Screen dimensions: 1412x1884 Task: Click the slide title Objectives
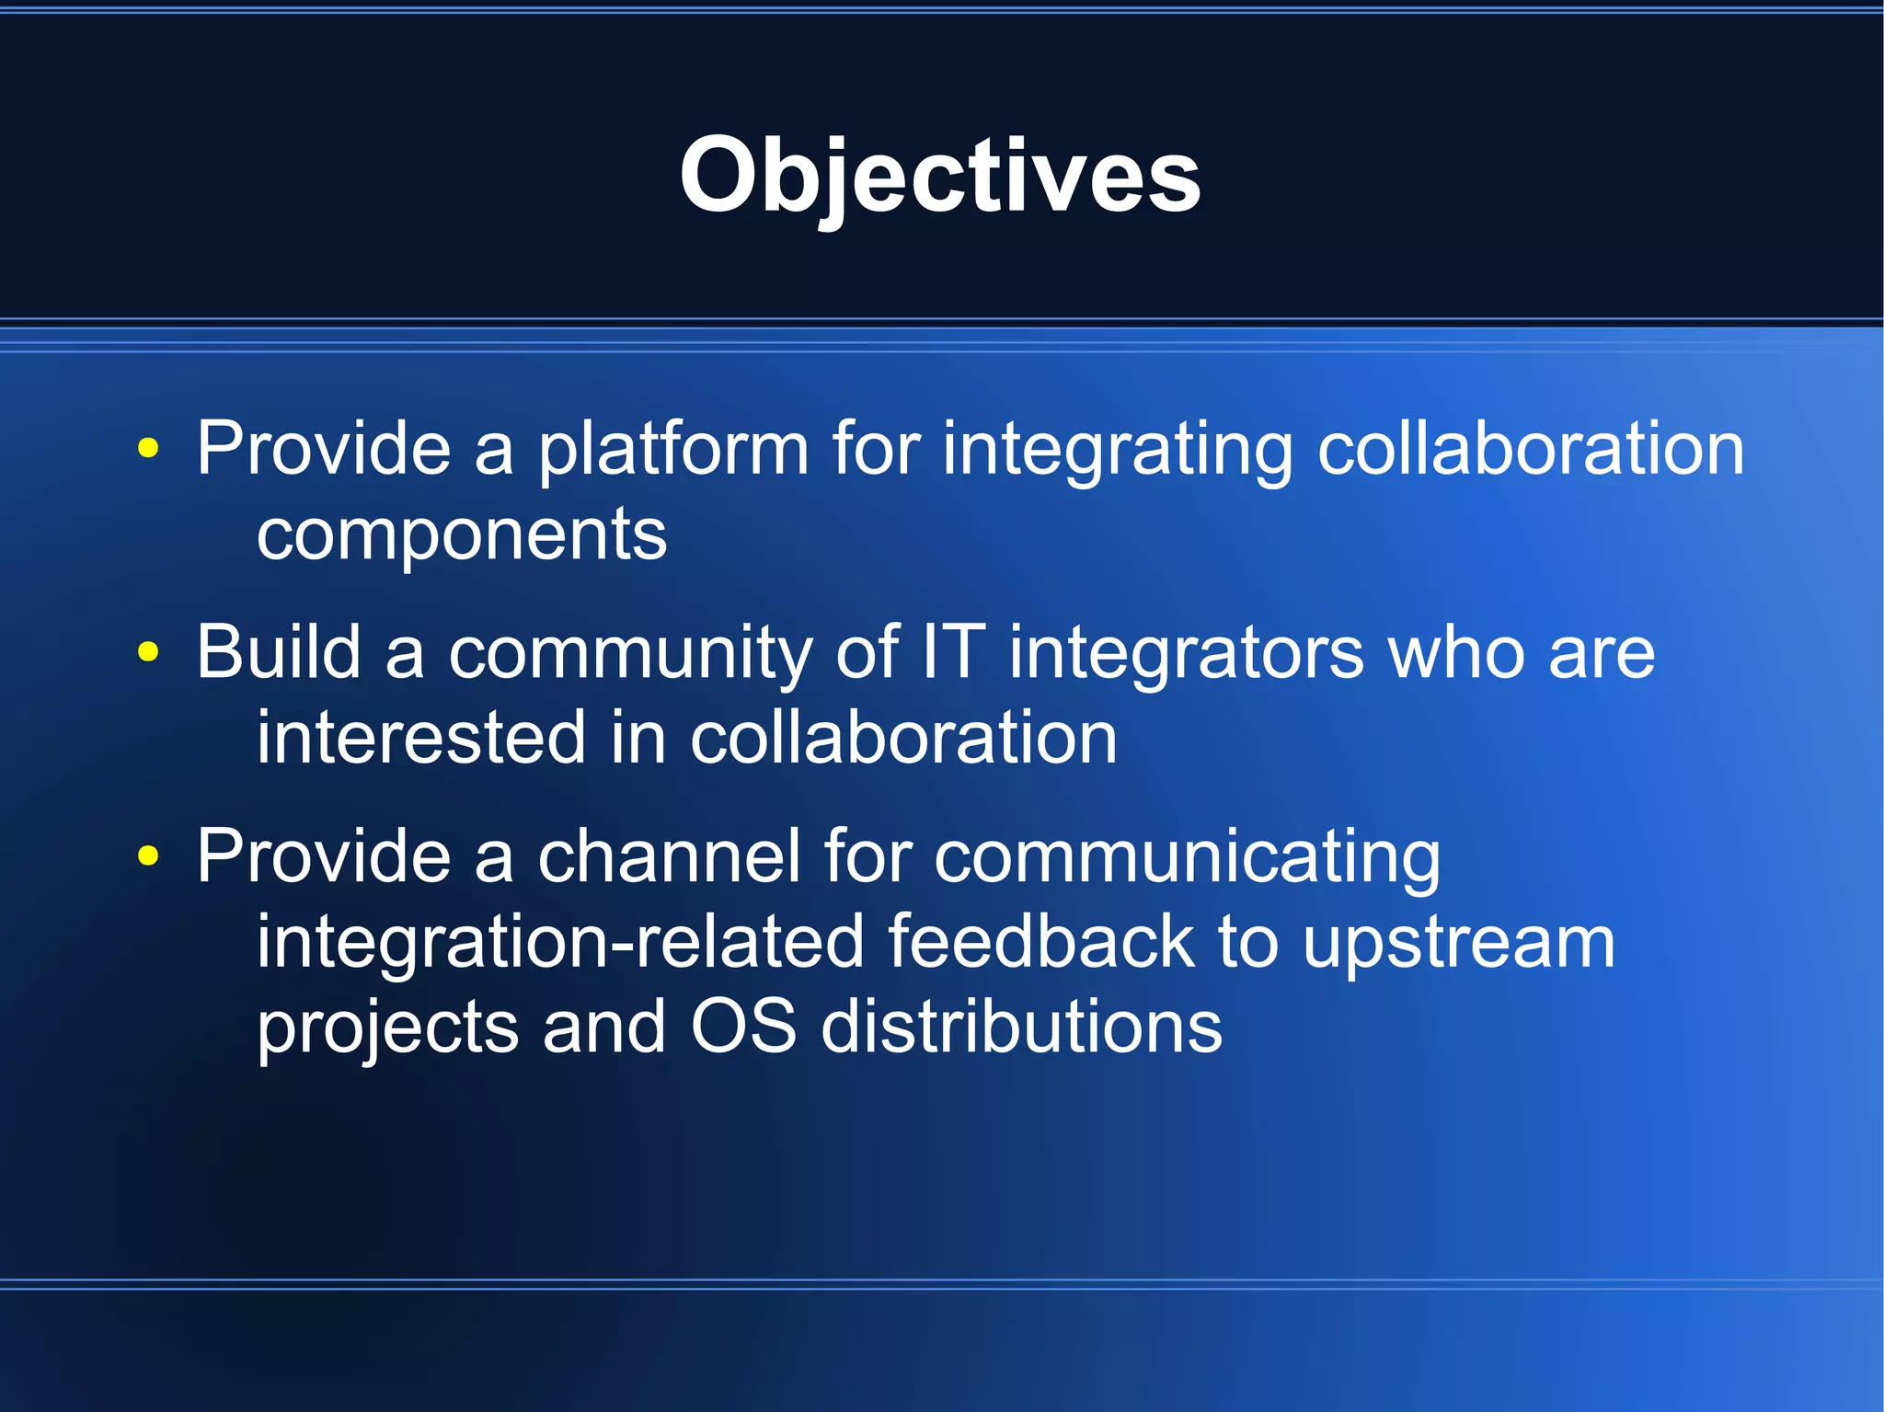[x=940, y=175]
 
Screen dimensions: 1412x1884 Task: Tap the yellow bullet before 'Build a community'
[x=148, y=652]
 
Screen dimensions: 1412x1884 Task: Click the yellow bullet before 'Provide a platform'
[x=148, y=448]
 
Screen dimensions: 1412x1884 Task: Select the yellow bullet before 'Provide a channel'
[x=148, y=856]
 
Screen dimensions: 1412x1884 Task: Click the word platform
[x=672, y=450]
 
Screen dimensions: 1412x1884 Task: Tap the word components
[x=462, y=535]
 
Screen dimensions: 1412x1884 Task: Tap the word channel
[x=669, y=856]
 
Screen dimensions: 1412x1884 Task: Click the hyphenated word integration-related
[x=560, y=942]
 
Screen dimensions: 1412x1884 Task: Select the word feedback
[x=1040, y=942]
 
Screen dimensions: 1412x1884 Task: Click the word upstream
[x=1458, y=944]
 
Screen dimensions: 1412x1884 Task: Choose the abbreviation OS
[x=743, y=1027]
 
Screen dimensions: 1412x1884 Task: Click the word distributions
[x=1021, y=1027]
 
